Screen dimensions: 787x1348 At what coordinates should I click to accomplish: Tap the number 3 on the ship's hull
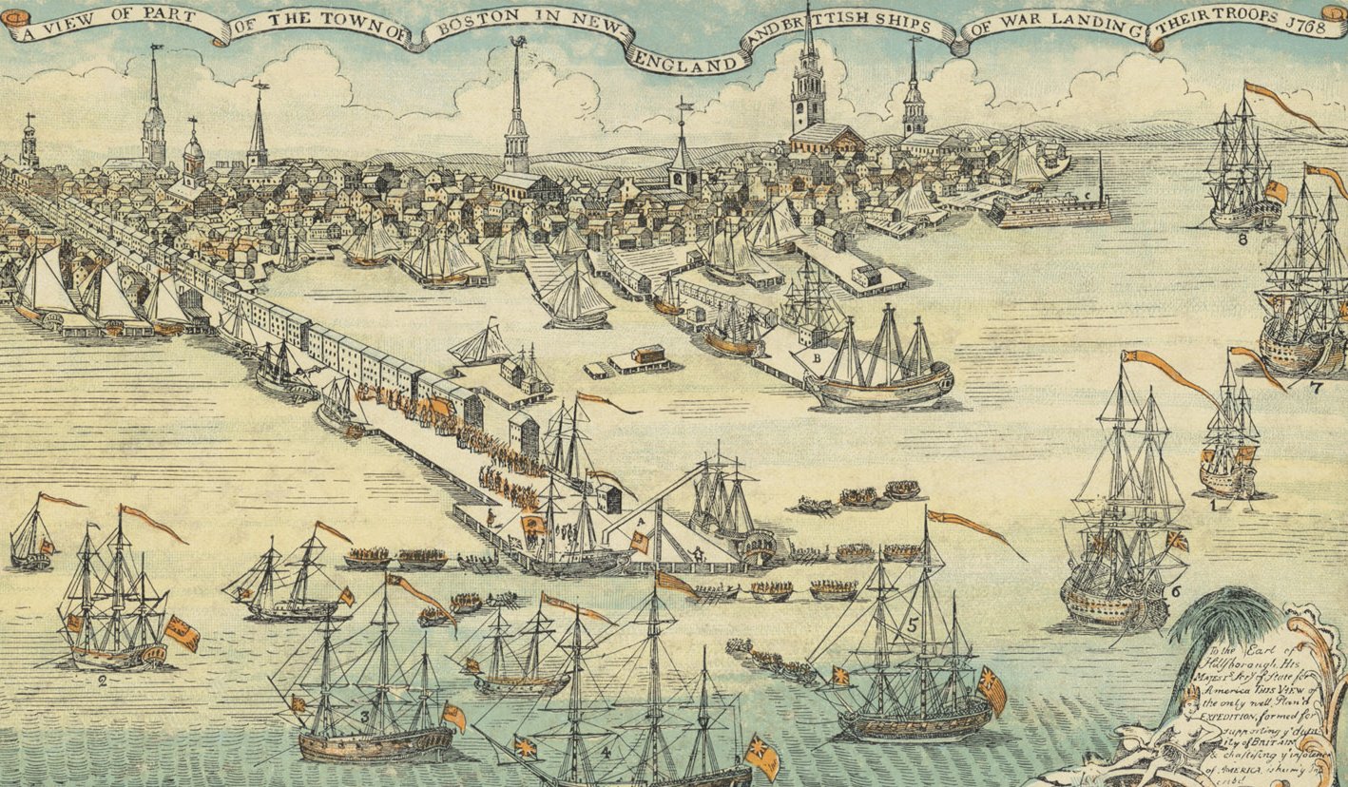tap(364, 716)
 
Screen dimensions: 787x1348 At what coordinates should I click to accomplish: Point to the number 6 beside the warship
tap(1175, 590)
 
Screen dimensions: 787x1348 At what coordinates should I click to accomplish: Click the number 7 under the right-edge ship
tap(1316, 386)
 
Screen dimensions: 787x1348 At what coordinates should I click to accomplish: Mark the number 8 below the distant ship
tap(1242, 239)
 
